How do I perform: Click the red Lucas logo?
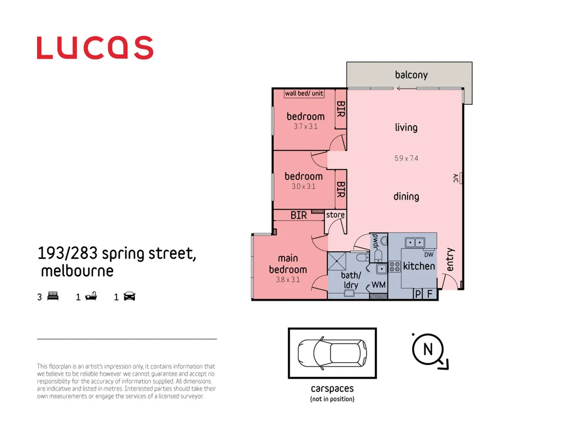click(x=95, y=48)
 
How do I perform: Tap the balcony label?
click(x=411, y=75)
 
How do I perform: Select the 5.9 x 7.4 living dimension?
click(x=406, y=158)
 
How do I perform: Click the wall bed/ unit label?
click(x=304, y=93)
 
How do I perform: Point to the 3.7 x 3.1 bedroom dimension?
click(x=305, y=126)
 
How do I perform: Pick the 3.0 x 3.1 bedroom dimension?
click(x=303, y=186)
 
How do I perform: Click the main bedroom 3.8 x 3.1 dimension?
click(x=287, y=280)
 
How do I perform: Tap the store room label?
click(x=335, y=215)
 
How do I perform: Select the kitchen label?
click(x=419, y=266)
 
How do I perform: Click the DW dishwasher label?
click(x=429, y=254)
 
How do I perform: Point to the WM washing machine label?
click(x=378, y=285)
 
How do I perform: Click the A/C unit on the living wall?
click(x=460, y=178)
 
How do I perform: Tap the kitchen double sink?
click(x=415, y=242)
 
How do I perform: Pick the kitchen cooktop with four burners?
click(x=395, y=266)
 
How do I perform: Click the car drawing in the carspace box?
click(x=332, y=353)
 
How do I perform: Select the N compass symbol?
click(x=428, y=350)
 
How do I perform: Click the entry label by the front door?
click(x=450, y=259)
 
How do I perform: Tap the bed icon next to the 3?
click(x=53, y=296)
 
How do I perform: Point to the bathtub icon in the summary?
click(x=91, y=296)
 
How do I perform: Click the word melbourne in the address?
click(x=77, y=271)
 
